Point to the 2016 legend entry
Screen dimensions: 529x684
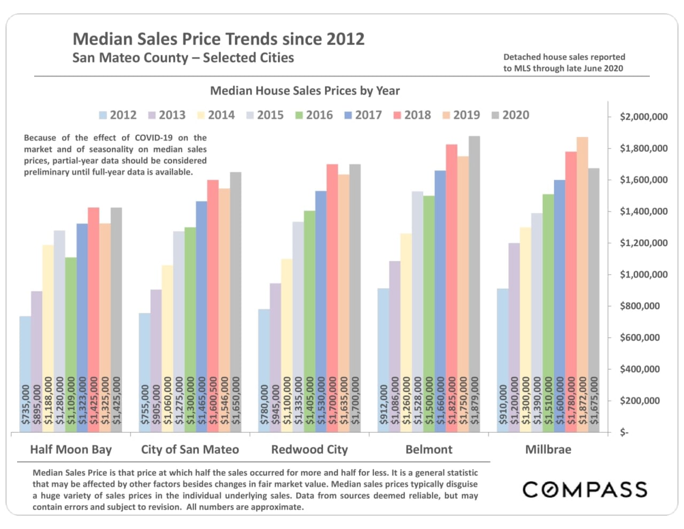314,115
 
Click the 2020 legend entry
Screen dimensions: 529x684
510,115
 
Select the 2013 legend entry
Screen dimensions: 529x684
167,115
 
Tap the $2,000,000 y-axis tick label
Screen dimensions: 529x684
643,117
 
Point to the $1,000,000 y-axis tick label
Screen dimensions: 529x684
643,274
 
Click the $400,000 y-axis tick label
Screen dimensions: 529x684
640,369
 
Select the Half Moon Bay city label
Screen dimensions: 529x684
71,449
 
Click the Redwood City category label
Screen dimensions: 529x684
309,449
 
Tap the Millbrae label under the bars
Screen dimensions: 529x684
548,449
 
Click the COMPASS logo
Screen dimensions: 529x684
585,489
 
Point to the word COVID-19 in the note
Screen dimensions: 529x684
153,138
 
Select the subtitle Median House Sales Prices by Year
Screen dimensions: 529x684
305,91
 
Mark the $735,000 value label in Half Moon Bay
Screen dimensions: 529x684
26,404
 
